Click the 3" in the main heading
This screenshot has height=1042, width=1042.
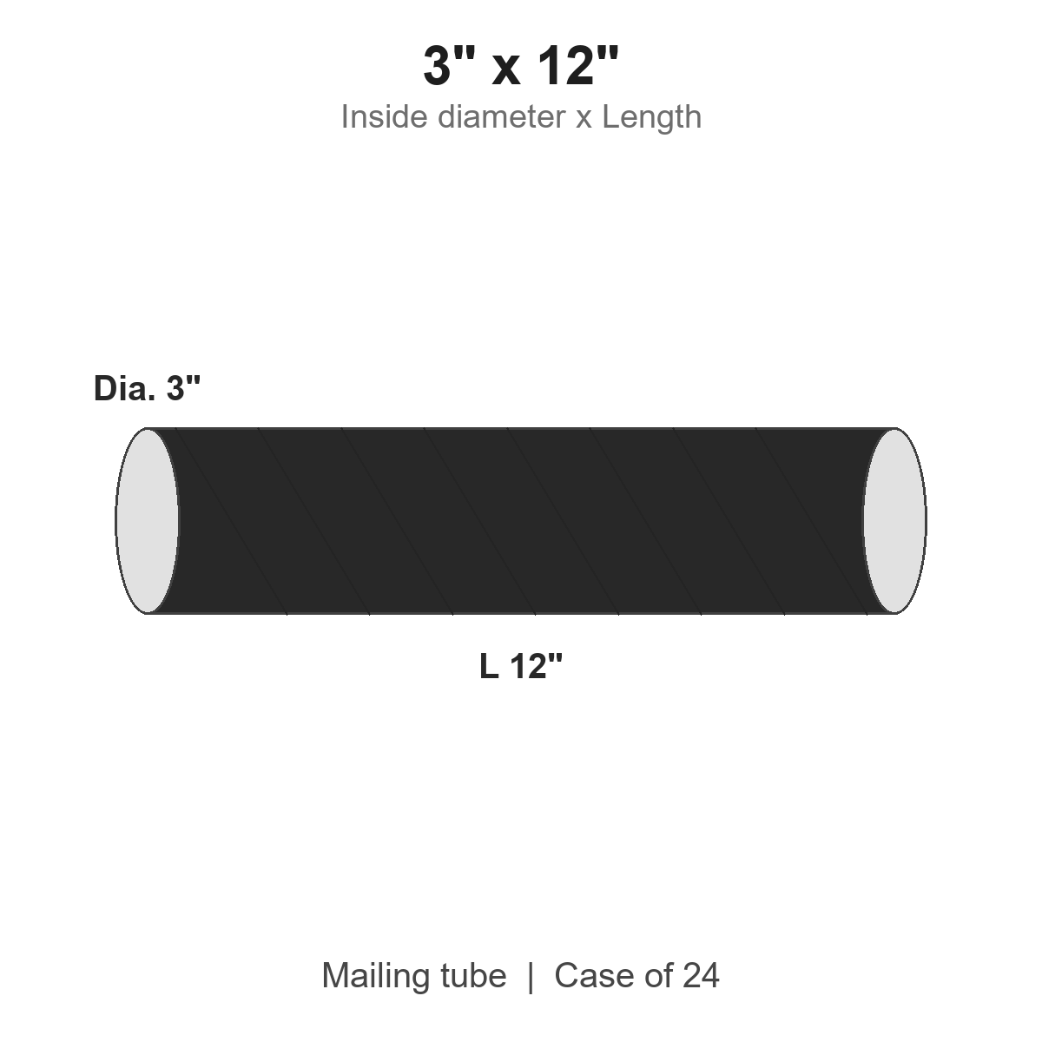[x=449, y=65]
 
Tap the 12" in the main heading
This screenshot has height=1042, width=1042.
[x=578, y=65]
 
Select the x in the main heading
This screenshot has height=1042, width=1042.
[x=506, y=70]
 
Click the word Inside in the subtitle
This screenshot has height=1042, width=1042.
[x=384, y=116]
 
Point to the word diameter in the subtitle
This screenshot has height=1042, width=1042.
[x=501, y=116]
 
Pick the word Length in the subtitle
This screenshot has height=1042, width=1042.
[x=651, y=116]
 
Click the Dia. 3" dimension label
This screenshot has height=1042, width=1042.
[x=147, y=387]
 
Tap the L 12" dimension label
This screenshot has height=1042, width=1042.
[x=521, y=666]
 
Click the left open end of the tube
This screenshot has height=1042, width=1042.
[x=147, y=521]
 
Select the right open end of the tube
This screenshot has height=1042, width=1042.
[x=894, y=521]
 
